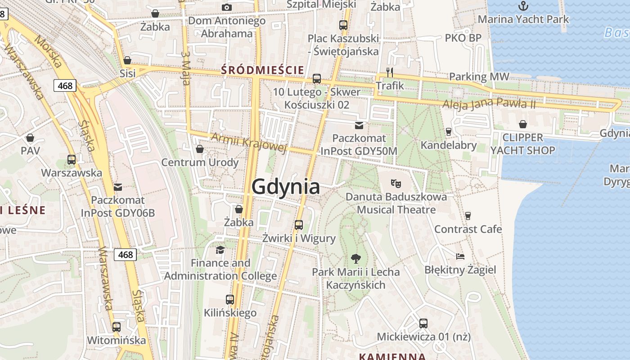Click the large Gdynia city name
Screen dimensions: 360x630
tap(286, 186)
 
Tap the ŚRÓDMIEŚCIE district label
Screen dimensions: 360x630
tap(263, 70)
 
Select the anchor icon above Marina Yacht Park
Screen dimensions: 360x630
tap(523, 6)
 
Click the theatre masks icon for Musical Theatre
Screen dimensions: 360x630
tap(396, 183)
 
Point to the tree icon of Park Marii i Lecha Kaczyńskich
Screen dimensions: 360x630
tap(356, 259)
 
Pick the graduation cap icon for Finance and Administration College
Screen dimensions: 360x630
tap(220, 250)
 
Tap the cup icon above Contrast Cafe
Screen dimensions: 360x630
tap(468, 216)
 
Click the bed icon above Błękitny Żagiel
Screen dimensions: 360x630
tap(460, 256)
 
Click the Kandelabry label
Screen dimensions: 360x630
tap(449, 145)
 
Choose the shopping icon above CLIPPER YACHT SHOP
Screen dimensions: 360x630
tap(523, 124)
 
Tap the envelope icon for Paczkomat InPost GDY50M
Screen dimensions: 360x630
tap(359, 125)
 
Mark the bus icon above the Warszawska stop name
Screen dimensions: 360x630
tap(72, 160)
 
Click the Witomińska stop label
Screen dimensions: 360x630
tap(117, 340)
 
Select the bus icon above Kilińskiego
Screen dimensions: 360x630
tap(230, 299)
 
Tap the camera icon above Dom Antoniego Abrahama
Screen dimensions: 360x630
tap(227, 7)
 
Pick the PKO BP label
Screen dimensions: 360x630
tap(463, 38)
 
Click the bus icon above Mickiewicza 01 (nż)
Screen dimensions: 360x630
tap(423, 323)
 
